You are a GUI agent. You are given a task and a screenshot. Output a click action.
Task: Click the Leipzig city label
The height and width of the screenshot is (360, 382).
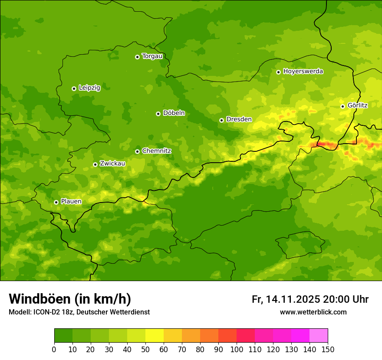[x=89, y=88]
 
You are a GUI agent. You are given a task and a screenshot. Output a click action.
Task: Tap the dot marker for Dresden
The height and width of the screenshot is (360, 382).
[x=221, y=120]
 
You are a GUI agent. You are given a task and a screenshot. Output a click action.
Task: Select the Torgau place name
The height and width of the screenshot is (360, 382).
[x=152, y=56]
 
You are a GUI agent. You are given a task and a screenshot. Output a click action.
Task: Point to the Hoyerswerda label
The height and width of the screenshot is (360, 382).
[x=303, y=71]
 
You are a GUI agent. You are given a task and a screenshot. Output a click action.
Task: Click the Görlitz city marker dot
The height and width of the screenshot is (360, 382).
[x=342, y=106]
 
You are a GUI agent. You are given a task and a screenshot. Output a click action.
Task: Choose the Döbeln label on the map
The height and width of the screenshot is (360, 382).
[x=174, y=113]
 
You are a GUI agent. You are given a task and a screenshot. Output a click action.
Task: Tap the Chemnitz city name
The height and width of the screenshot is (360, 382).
[x=156, y=151]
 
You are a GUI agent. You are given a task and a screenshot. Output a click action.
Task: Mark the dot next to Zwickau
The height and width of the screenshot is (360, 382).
[x=95, y=164]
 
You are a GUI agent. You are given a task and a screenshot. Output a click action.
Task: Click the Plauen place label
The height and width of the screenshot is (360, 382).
[x=71, y=202]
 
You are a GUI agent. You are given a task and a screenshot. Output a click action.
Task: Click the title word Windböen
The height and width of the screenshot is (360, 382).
[x=39, y=299]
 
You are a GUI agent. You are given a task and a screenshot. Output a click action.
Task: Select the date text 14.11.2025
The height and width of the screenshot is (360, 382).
[x=293, y=299]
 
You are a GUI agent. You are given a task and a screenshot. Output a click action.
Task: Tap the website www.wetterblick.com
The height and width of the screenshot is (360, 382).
[x=313, y=312]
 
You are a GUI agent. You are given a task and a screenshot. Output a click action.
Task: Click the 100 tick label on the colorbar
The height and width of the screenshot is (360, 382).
[x=237, y=349]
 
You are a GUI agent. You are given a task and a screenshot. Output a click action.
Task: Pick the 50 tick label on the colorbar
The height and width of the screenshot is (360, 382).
[x=145, y=349]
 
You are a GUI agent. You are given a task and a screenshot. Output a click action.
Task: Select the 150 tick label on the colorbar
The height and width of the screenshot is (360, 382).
[x=328, y=349]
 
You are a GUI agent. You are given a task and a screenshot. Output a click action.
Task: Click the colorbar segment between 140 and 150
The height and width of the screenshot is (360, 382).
[x=319, y=335]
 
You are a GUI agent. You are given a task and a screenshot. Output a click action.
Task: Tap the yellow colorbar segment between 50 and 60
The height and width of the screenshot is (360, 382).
[x=155, y=335]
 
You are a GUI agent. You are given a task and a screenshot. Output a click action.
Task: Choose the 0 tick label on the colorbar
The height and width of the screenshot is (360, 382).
[x=54, y=349]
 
